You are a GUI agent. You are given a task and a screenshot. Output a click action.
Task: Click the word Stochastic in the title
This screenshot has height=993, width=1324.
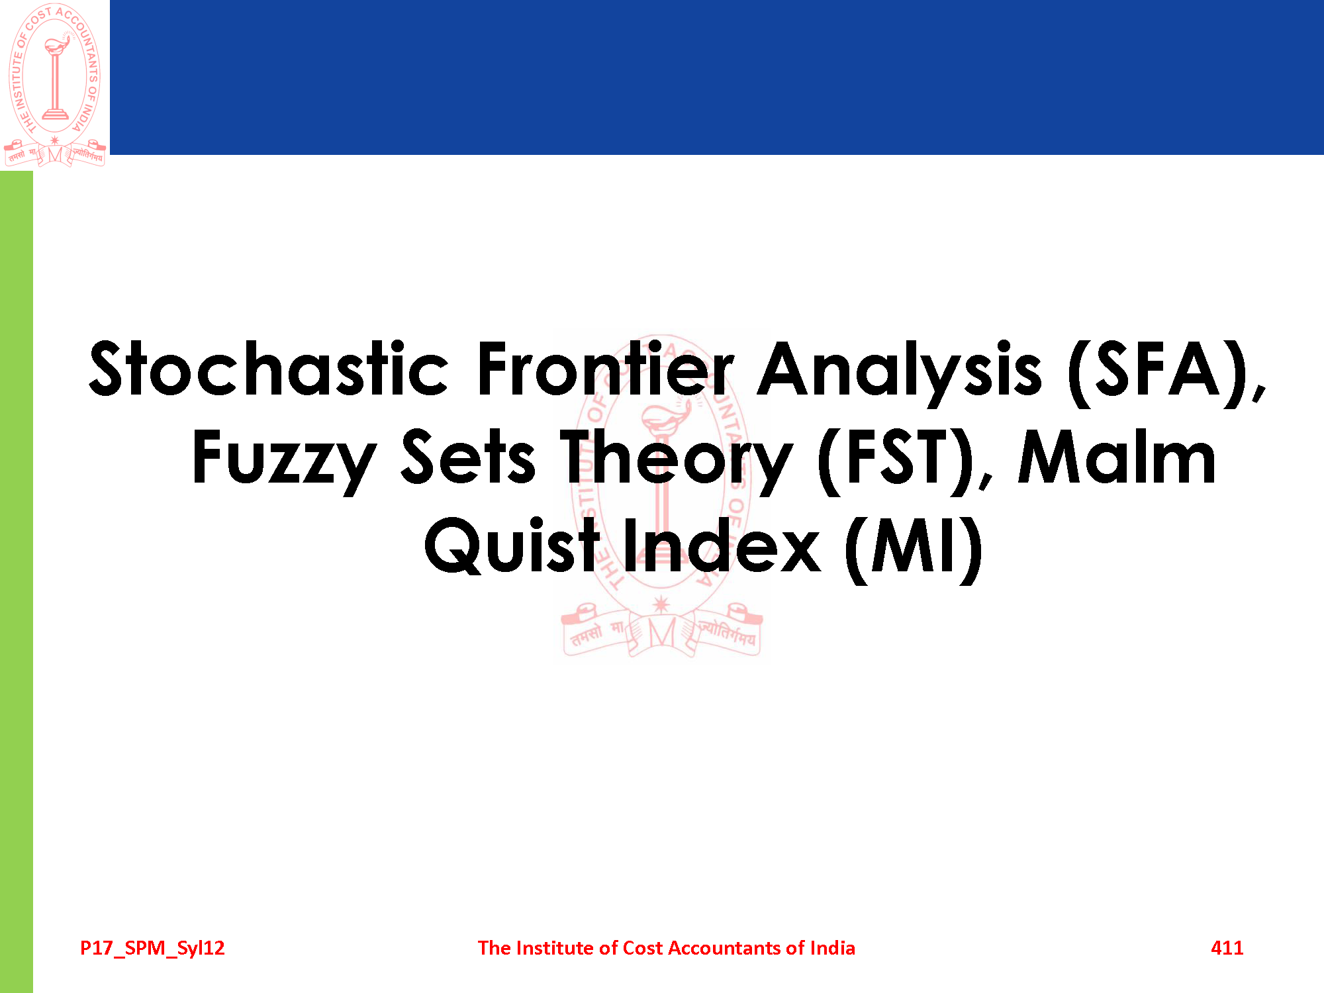(269, 369)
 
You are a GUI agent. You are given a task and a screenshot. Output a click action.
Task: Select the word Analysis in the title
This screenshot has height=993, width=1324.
(900, 373)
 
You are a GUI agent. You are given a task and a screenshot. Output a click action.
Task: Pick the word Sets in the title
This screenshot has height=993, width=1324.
(468, 457)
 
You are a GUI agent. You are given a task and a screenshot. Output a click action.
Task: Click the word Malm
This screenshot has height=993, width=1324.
(1117, 457)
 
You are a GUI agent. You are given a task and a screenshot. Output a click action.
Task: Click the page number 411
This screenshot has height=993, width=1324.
(1227, 948)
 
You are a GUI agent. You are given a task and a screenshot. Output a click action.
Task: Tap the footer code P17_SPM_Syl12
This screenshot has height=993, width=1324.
(152, 949)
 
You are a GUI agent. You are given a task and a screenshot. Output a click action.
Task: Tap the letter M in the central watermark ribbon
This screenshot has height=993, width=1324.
(661, 634)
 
